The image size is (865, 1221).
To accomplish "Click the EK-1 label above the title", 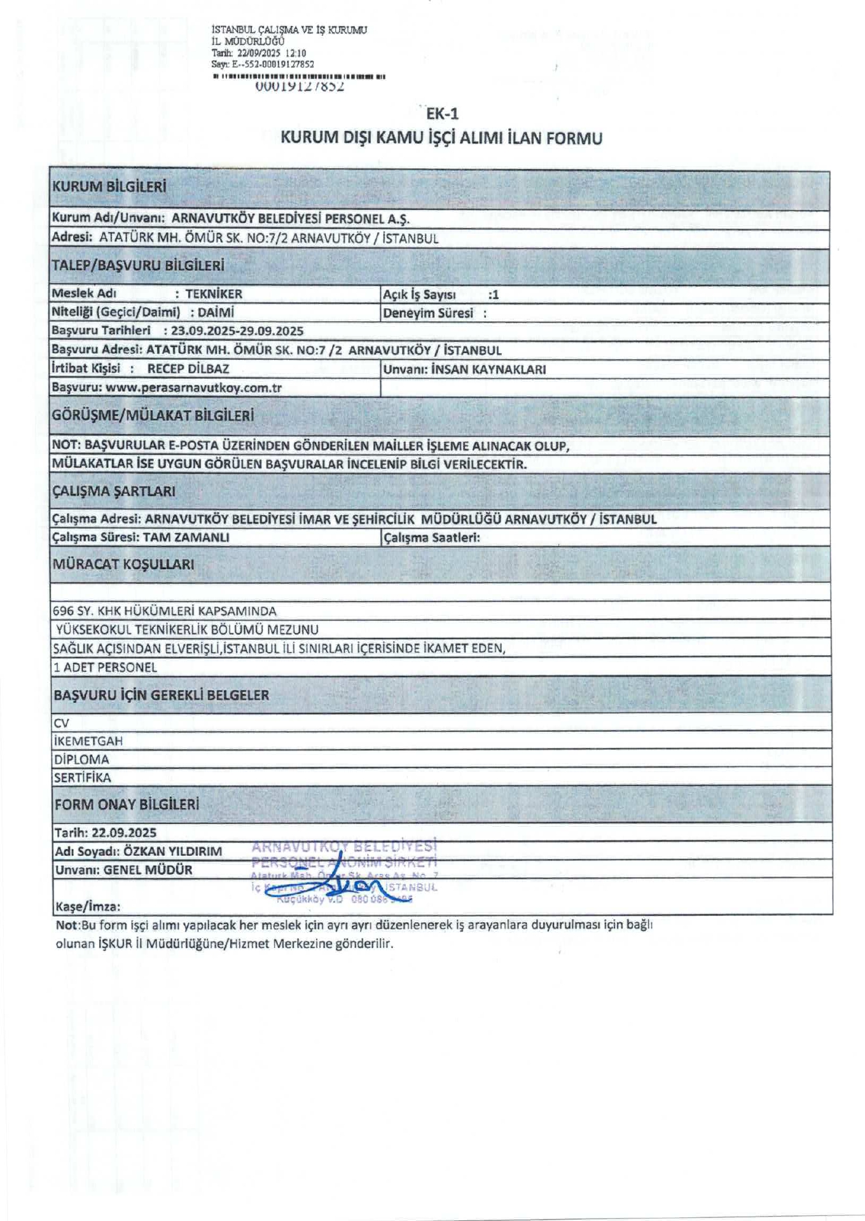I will (442, 114).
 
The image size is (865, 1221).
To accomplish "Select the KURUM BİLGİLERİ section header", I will (109, 187).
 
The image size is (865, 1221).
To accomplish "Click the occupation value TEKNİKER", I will (214, 294).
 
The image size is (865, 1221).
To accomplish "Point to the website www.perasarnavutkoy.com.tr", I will (193, 388).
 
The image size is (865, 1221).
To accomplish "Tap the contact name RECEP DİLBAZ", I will (188, 369).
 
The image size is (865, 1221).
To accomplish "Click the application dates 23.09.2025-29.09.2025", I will (237, 331).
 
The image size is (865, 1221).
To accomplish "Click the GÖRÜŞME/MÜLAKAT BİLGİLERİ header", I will (153, 416).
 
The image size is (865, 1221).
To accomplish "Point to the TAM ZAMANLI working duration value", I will (186, 537).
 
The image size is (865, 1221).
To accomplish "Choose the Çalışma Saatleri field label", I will (431, 537).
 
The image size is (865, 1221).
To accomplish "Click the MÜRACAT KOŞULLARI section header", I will (123, 564).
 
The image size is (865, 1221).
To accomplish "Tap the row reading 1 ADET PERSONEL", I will (105, 667).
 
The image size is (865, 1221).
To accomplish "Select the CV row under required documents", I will (62, 723).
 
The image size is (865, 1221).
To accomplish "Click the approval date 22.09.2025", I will (124, 832).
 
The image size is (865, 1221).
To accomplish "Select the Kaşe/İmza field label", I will (87, 906).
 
